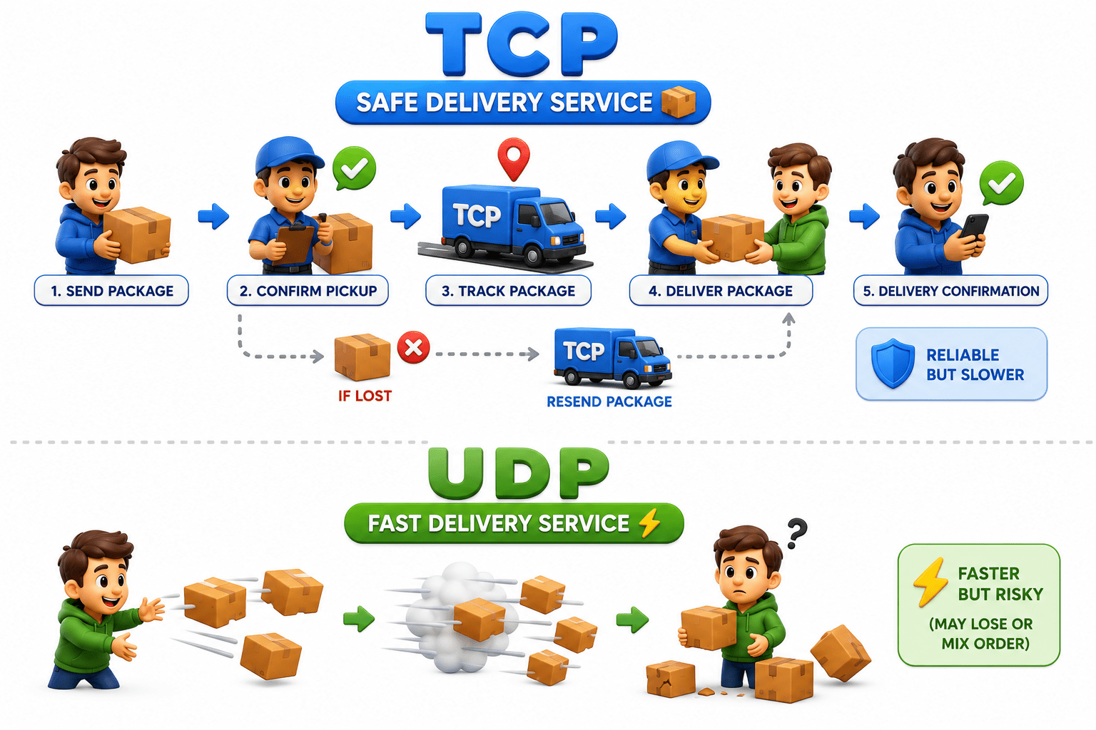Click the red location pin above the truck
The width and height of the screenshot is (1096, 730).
click(x=513, y=158)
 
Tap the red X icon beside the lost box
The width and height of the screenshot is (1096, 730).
click(x=413, y=348)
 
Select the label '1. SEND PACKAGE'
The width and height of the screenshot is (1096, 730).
click(x=111, y=291)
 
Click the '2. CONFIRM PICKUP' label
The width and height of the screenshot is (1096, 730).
click(x=308, y=291)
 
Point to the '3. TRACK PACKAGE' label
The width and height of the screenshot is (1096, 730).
click(x=508, y=291)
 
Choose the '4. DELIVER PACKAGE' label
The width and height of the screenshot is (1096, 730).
click(x=721, y=291)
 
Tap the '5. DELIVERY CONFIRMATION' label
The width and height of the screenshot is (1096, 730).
click(x=950, y=291)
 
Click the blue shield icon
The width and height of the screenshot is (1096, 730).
click(x=893, y=364)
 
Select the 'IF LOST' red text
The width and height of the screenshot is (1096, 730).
click(x=365, y=396)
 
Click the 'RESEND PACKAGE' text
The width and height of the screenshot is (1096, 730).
click(x=609, y=401)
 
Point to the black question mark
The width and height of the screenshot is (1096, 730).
click(x=797, y=533)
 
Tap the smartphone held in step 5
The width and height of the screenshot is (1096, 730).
click(x=974, y=228)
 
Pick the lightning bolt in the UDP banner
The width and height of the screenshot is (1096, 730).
click(x=650, y=523)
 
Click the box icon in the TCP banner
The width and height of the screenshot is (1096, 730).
click(x=678, y=102)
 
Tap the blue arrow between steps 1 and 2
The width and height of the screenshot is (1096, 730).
click(x=213, y=215)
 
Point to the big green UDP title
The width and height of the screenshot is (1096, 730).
click(x=519, y=473)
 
